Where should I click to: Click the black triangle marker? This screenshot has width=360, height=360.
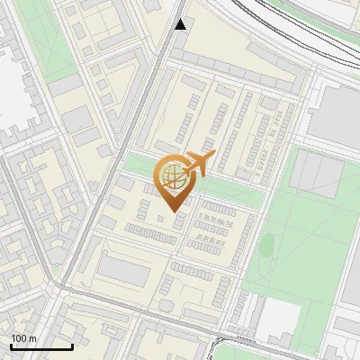click(x=181, y=24)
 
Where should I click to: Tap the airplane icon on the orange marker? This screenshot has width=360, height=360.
click(x=198, y=164)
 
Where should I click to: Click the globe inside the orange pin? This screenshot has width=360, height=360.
click(x=173, y=176)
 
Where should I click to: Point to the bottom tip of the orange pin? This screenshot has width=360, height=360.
click(x=174, y=211)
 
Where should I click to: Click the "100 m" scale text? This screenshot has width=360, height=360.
click(x=24, y=338)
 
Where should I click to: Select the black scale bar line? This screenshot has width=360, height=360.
click(x=41, y=346)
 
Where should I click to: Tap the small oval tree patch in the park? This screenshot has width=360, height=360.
click(x=267, y=243)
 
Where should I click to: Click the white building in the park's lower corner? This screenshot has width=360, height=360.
click(x=279, y=317)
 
